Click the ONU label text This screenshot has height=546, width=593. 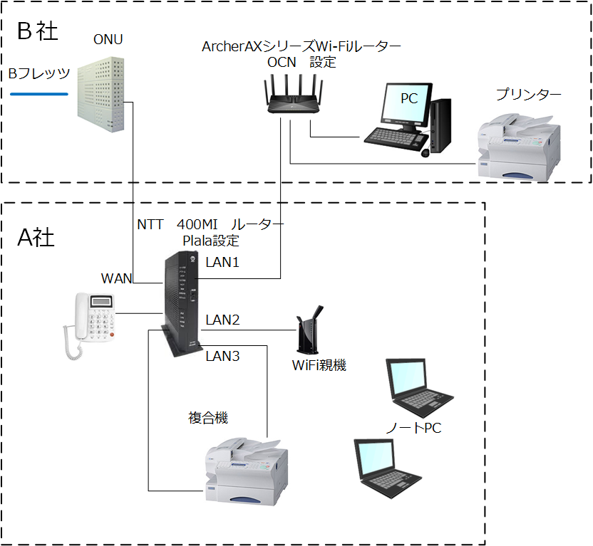(108, 40)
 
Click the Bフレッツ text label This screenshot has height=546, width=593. (38, 74)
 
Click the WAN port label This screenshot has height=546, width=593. (116, 278)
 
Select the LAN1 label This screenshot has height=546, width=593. (222, 263)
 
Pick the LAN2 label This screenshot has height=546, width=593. (222, 320)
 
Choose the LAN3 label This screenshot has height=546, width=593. (222, 356)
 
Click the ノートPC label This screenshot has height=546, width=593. (414, 428)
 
